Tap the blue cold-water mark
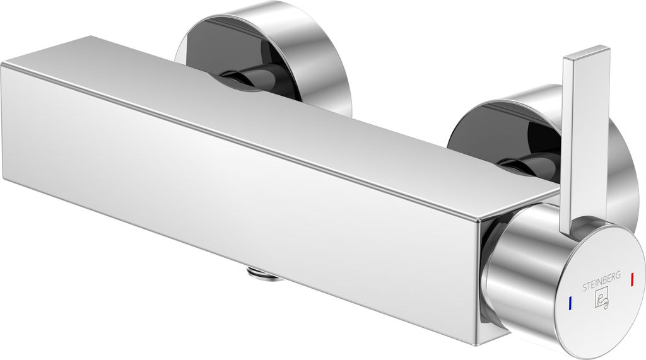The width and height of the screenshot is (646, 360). [570, 303]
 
